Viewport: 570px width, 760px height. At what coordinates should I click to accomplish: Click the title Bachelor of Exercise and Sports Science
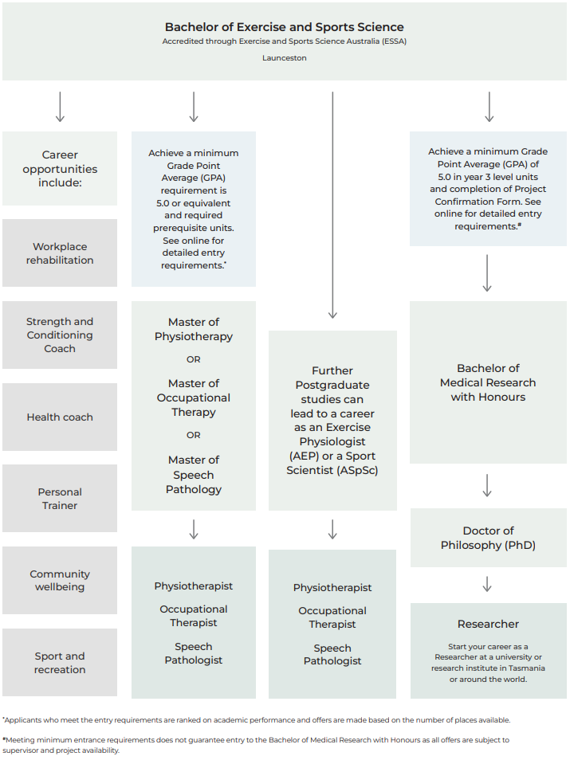tap(285, 27)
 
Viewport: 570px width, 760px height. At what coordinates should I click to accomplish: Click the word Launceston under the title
tap(285, 57)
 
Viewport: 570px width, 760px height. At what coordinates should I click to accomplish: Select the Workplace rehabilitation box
tap(60, 253)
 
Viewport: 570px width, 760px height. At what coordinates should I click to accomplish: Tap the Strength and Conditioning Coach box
tap(60, 335)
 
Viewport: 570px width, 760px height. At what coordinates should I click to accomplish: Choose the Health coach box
tap(60, 417)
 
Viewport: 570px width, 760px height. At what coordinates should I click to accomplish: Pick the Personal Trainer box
tap(60, 498)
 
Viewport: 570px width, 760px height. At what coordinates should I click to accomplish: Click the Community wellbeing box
tap(60, 580)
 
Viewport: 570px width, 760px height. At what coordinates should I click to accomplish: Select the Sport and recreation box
tap(60, 663)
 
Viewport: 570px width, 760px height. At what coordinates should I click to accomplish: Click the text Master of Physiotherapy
tap(194, 329)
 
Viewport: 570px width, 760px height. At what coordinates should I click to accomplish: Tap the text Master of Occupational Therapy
tap(194, 398)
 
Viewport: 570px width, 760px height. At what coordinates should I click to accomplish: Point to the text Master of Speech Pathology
tap(194, 475)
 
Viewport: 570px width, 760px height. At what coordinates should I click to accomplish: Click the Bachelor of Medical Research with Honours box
tap(488, 382)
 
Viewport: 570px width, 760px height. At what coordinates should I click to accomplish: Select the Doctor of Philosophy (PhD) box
tap(489, 538)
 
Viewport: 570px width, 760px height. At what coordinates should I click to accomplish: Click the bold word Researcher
tap(488, 624)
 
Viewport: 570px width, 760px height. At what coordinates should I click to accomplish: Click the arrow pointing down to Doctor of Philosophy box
tap(487, 485)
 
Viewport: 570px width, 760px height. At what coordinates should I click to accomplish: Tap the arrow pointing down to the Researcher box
tap(487, 584)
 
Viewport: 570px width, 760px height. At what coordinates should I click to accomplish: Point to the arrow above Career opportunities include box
tap(60, 107)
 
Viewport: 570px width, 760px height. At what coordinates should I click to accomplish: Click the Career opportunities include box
tap(60, 168)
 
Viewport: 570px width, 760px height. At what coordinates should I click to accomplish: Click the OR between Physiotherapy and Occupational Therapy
tap(194, 359)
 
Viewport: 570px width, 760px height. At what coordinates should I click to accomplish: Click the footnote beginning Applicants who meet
tap(256, 720)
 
